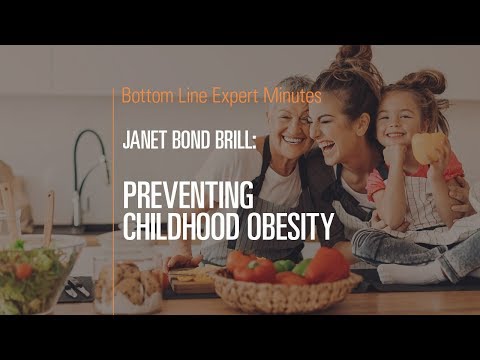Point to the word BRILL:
[x=235, y=143]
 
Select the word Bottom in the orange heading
[x=146, y=97]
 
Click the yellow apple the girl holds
[x=428, y=149]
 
